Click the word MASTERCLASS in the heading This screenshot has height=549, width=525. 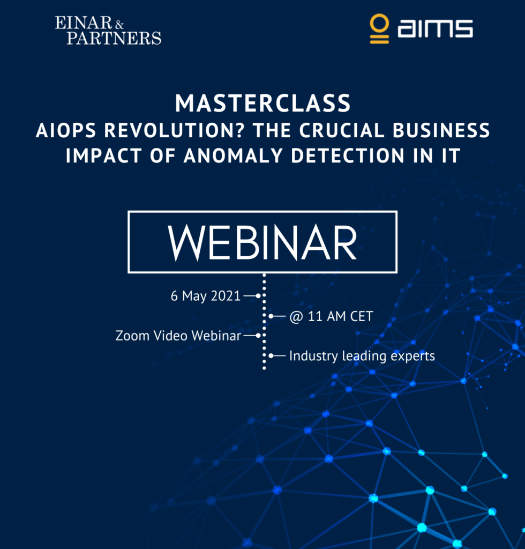[262, 103]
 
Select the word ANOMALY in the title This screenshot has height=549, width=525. [233, 155]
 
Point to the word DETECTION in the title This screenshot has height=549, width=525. [348, 155]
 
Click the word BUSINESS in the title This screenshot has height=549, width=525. [441, 130]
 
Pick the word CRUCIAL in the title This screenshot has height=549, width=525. [342, 130]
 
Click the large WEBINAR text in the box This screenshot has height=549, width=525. [262, 243]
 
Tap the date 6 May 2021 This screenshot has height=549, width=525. [206, 296]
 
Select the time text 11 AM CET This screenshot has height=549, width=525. [340, 316]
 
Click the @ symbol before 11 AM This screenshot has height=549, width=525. [296, 317]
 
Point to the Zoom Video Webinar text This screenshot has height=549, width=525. [178, 336]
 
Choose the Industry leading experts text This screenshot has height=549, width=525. [362, 356]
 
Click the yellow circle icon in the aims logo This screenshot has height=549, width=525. [379, 24]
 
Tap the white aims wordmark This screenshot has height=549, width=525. [436, 28]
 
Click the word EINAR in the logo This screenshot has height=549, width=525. [83, 23]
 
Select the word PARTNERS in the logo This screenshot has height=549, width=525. [114, 38]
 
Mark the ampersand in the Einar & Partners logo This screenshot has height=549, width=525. [119, 25]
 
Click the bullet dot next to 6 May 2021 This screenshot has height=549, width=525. [258, 296]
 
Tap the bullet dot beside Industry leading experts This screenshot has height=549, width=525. [271, 356]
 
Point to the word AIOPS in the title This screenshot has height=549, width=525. [66, 130]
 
